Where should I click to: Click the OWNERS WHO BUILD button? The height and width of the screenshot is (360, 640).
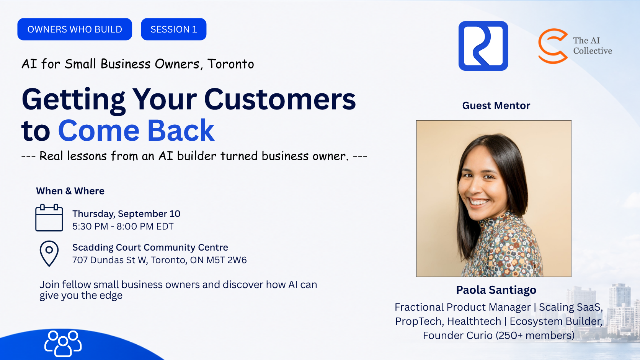75,29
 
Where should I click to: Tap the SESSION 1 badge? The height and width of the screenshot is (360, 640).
174,29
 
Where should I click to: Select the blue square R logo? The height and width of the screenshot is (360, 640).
483,46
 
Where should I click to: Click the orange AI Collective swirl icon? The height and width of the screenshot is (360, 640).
553,46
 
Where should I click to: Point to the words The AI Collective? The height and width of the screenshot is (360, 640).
593,46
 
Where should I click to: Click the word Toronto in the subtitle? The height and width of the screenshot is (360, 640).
231,64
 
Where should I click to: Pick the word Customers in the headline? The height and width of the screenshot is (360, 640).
280,99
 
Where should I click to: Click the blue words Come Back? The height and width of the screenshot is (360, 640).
136,131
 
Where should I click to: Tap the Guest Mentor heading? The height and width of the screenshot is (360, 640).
496,106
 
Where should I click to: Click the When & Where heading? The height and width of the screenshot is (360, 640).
70,191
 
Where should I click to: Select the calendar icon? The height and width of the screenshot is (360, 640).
49,218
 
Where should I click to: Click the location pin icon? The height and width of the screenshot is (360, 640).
49,254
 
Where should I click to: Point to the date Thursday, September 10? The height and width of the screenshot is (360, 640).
126,214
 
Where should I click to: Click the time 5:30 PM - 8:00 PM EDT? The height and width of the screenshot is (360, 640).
123,226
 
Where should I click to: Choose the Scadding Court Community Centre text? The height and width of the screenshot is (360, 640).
150,247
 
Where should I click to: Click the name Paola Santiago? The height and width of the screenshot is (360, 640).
496,290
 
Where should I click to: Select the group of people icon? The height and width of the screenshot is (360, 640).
63,344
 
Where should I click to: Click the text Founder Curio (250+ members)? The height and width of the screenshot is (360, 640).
499,336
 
